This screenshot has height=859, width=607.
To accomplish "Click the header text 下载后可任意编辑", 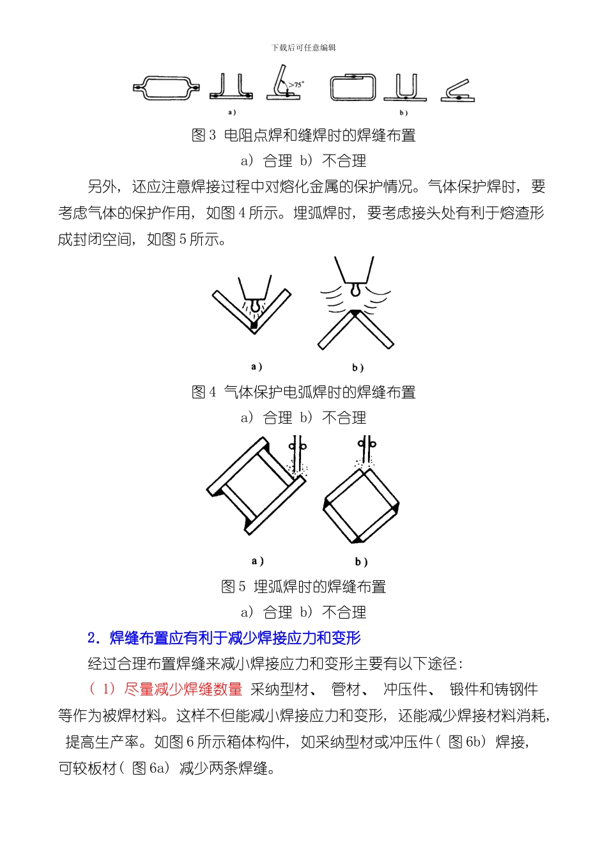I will pyautogui.click(x=303, y=48).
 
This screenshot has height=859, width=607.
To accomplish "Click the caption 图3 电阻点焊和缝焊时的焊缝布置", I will pyautogui.click(x=303, y=135).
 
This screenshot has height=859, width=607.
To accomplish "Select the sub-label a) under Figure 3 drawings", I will pyautogui.click(x=231, y=112).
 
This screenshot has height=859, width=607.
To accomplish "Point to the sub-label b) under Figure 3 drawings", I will pyautogui.click(x=403, y=113).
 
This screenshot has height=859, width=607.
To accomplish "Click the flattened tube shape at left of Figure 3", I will pyautogui.click(x=166, y=88).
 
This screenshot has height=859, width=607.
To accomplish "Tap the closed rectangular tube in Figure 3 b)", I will pyautogui.click(x=353, y=88).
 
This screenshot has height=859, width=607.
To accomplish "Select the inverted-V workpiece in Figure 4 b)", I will pyautogui.click(x=356, y=329).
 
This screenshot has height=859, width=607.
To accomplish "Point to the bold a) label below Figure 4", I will pyautogui.click(x=256, y=367).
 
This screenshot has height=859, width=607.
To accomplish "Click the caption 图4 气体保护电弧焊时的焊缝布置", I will pyautogui.click(x=303, y=392).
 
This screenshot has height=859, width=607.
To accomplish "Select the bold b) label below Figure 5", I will pyautogui.click(x=361, y=562).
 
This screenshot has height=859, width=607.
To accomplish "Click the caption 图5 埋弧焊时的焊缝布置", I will pyautogui.click(x=303, y=587).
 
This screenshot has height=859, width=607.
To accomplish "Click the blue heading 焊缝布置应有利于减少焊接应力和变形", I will pyautogui.click(x=235, y=638).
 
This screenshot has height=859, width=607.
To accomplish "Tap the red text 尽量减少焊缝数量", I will pyautogui.click(x=183, y=690).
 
